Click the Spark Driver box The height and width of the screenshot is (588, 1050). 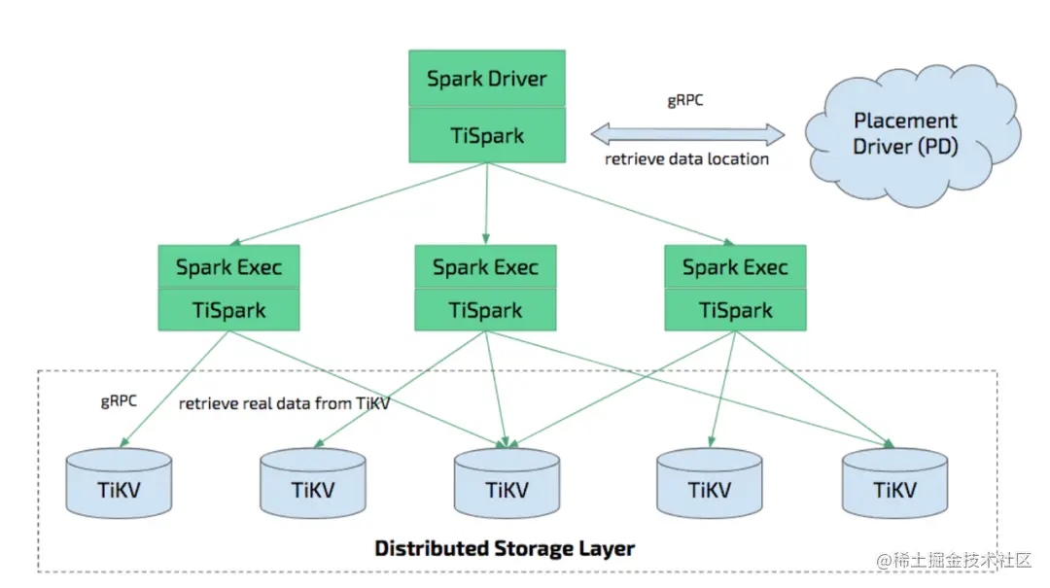(x=486, y=79)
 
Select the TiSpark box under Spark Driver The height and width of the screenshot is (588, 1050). (x=486, y=135)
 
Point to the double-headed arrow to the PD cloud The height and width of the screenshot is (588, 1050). (x=687, y=134)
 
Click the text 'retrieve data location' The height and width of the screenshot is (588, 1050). (x=686, y=159)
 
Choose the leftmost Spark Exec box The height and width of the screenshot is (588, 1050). (x=228, y=266)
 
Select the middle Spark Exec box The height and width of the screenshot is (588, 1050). (x=485, y=266)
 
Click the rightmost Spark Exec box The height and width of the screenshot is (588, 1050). (x=735, y=266)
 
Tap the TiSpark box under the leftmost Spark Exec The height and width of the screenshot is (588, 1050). (x=228, y=310)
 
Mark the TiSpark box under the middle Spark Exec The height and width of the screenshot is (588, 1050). (x=485, y=310)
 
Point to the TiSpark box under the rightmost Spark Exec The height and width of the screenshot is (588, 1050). (x=735, y=310)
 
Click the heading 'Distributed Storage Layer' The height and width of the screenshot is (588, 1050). (x=505, y=549)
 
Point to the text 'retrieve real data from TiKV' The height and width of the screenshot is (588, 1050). (x=284, y=403)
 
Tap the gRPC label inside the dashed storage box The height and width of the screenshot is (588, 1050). (x=119, y=400)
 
